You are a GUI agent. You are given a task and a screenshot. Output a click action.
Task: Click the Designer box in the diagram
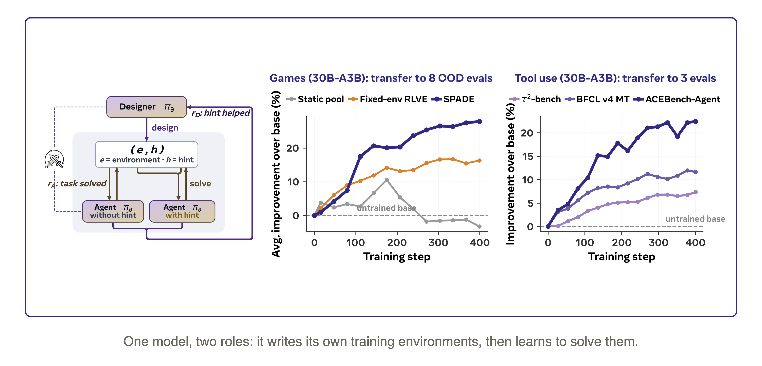(x=146, y=107)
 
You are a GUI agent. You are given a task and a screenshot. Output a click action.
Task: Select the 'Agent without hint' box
(x=113, y=211)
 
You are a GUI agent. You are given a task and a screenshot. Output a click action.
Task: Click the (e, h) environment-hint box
(x=146, y=154)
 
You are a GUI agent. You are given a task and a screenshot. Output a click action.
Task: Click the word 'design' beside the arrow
(x=165, y=128)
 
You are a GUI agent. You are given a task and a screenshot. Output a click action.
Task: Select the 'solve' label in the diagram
(x=200, y=184)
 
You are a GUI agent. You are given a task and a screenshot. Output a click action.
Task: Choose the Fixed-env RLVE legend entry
(x=388, y=99)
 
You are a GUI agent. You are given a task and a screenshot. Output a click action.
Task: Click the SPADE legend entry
(x=453, y=99)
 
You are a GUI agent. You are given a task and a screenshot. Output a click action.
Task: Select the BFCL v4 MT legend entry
(x=597, y=99)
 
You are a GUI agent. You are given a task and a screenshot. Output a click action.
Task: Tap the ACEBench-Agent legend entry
(x=677, y=99)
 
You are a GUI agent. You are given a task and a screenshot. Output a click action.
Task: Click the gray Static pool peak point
(x=387, y=180)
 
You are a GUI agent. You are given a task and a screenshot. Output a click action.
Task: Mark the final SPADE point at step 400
(x=479, y=121)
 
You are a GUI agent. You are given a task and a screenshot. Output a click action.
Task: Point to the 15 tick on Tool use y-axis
(x=527, y=156)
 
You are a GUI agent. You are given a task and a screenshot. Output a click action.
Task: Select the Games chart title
(x=381, y=78)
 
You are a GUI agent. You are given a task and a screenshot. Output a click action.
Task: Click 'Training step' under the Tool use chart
(x=621, y=257)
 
